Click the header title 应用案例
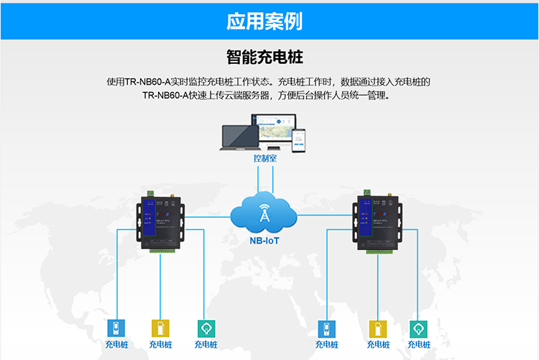pyautogui.click(x=264, y=21)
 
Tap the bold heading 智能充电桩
pyautogui.click(x=269, y=56)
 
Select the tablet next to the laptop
pyautogui.click(x=279, y=135)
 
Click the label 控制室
pyautogui.click(x=265, y=157)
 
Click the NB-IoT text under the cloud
pyautogui.click(x=264, y=240)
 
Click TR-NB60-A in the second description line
pyautogui.click(x=165, y=95)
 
